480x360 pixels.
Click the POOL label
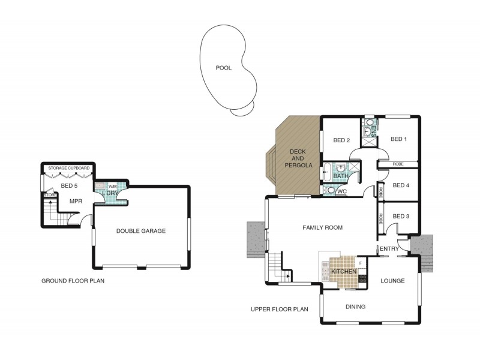pos(223,68)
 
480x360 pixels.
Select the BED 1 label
pos(398,139)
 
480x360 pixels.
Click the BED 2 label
pos(341,140)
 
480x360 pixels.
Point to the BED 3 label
pos(401,216)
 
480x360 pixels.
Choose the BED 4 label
pos(401,185)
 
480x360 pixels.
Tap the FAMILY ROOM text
pos(322,227)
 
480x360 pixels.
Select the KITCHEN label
pos(344,272)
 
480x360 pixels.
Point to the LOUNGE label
pos(392,281)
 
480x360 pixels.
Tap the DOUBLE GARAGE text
pos(141,231)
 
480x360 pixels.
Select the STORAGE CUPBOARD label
pos(69,168)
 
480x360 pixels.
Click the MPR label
pos(76,201)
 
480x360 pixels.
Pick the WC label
pos(342,192)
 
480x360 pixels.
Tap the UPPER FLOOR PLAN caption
pos(280,310)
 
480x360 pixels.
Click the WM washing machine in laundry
pos(112,187)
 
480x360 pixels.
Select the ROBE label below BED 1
pos(397,164)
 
